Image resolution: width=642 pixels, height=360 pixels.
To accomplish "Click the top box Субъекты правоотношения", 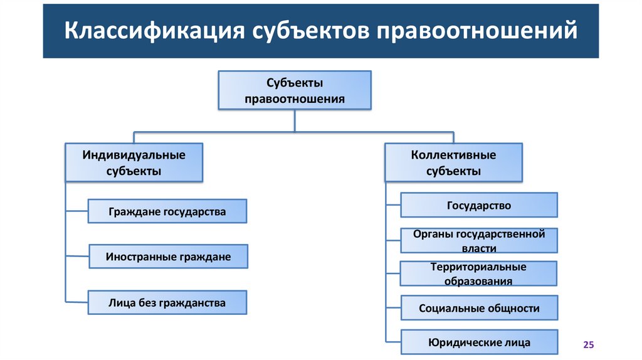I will (x=295, y=90).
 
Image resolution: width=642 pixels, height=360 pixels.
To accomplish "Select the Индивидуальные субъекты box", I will (x=134, y=162).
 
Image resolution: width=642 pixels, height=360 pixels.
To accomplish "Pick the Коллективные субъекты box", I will (x=453, y=162).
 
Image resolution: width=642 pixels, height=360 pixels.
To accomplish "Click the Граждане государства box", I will (x=167, y=211).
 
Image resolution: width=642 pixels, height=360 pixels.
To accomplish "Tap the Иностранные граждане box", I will (x=168, y=257).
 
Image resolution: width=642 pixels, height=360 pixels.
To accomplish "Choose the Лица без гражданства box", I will (x=167, y=303).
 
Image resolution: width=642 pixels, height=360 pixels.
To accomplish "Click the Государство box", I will (x=479, y=206).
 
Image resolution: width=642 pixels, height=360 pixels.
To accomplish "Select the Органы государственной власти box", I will (x=479, y=241).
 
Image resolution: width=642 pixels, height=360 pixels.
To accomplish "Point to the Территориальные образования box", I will (x=478, y=274).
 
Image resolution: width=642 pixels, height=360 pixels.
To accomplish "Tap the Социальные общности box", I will (x=479, y=309).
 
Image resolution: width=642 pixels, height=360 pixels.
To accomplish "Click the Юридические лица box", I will (x=479, y=343).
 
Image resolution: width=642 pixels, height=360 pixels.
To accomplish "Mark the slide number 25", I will (x=588, y=345).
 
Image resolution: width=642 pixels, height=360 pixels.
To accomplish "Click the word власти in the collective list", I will (x=479, y=248).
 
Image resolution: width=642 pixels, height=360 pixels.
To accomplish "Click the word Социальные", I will (x=450, y=309).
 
